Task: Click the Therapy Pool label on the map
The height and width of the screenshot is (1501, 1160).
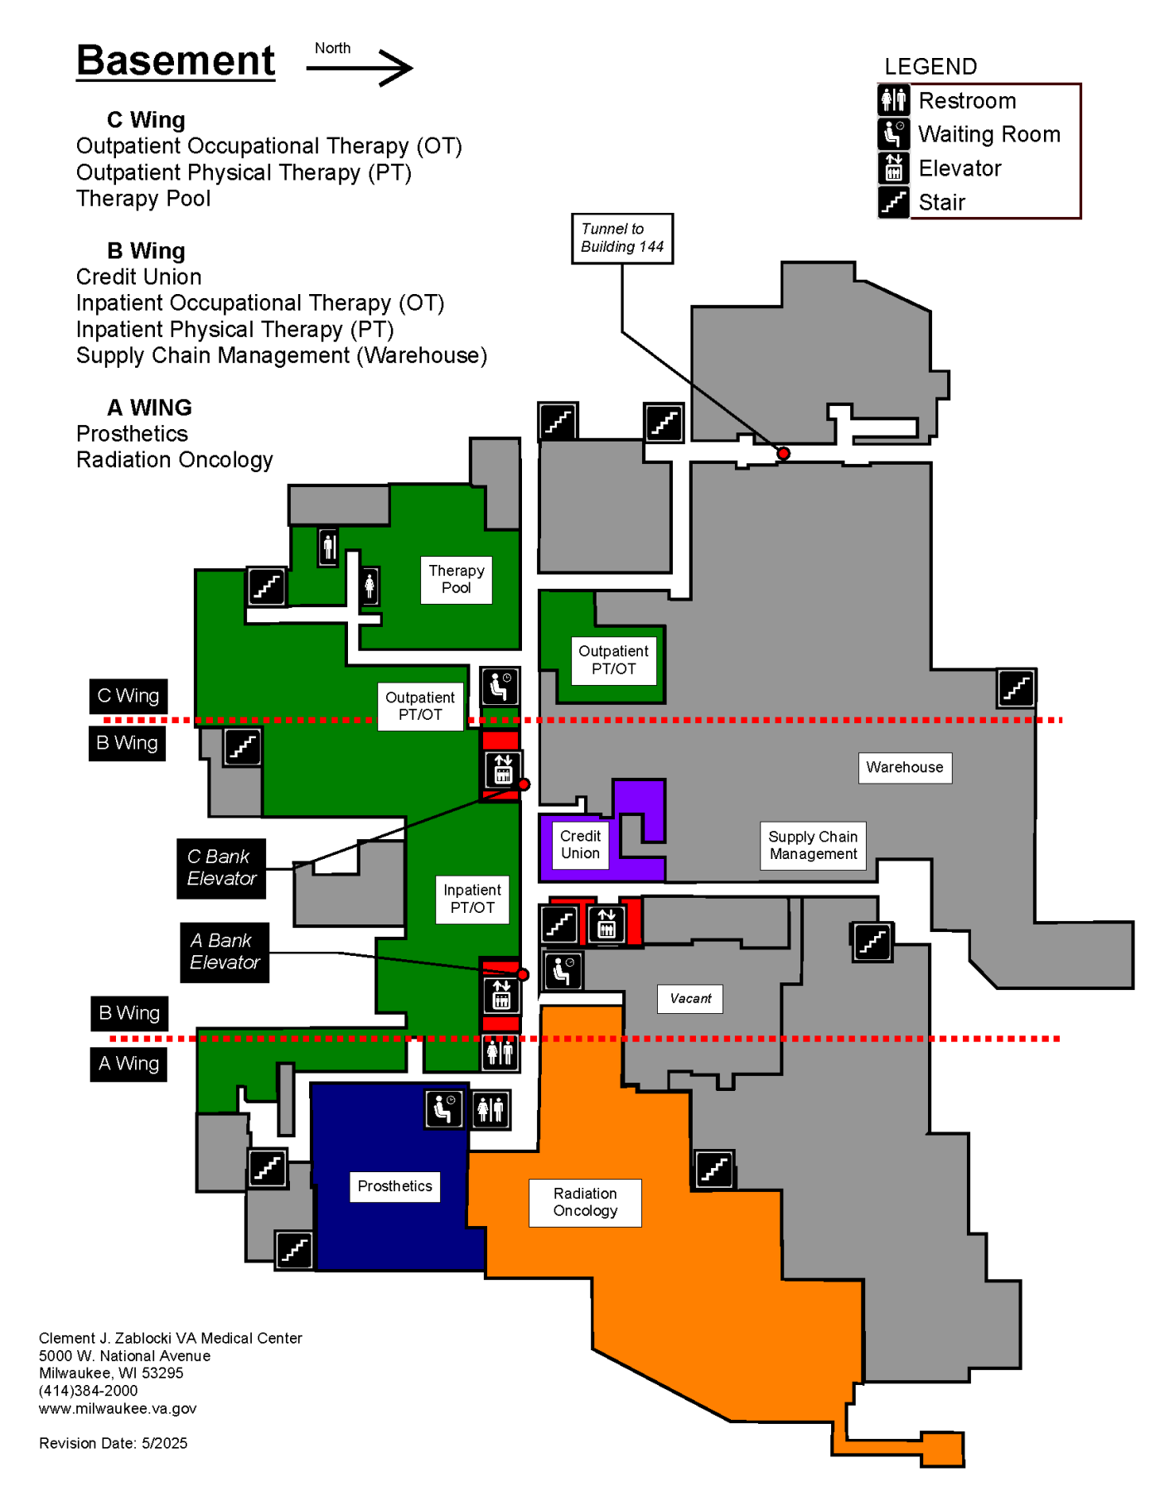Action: [456, 579]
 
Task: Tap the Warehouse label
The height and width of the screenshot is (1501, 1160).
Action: [905, 767]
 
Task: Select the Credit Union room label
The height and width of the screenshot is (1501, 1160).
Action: [580, 844]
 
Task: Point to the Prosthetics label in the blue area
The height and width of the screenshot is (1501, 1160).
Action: [394, 1186]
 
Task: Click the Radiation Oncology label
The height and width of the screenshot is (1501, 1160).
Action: [585, 1202]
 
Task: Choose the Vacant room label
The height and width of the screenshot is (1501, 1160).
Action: [690, 998]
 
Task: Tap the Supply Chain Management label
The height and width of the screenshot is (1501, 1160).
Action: [813, 845]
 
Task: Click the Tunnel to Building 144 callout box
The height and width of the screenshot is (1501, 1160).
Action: [622, 238]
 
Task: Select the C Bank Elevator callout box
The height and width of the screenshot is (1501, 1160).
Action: [221, 868]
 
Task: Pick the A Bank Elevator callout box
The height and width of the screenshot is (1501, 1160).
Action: [225, 952]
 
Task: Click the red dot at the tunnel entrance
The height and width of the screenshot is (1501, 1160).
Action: [783, 453]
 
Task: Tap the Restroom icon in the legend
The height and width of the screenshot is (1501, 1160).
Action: [893, 100]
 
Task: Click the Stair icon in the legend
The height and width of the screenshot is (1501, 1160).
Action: [893, 201]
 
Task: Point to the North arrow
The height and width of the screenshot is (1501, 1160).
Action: [360, 68]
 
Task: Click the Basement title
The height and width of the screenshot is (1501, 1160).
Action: [176, 60]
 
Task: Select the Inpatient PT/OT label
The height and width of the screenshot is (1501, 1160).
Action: [472, 899]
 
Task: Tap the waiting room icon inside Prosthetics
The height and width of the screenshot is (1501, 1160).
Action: [444, 1108]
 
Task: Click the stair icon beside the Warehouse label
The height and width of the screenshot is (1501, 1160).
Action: [1016, 688]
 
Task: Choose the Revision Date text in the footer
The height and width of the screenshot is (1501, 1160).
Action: [114, 1443]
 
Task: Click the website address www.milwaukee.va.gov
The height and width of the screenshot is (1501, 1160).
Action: [118, 1408]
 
